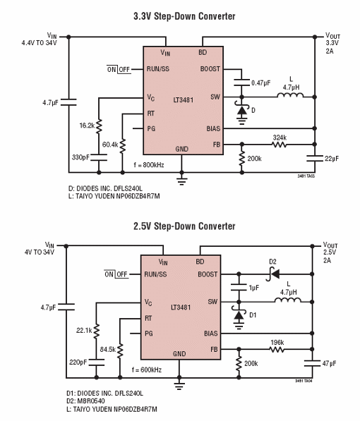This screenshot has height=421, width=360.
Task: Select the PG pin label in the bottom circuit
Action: pyautogui.click(x=148, y=333)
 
